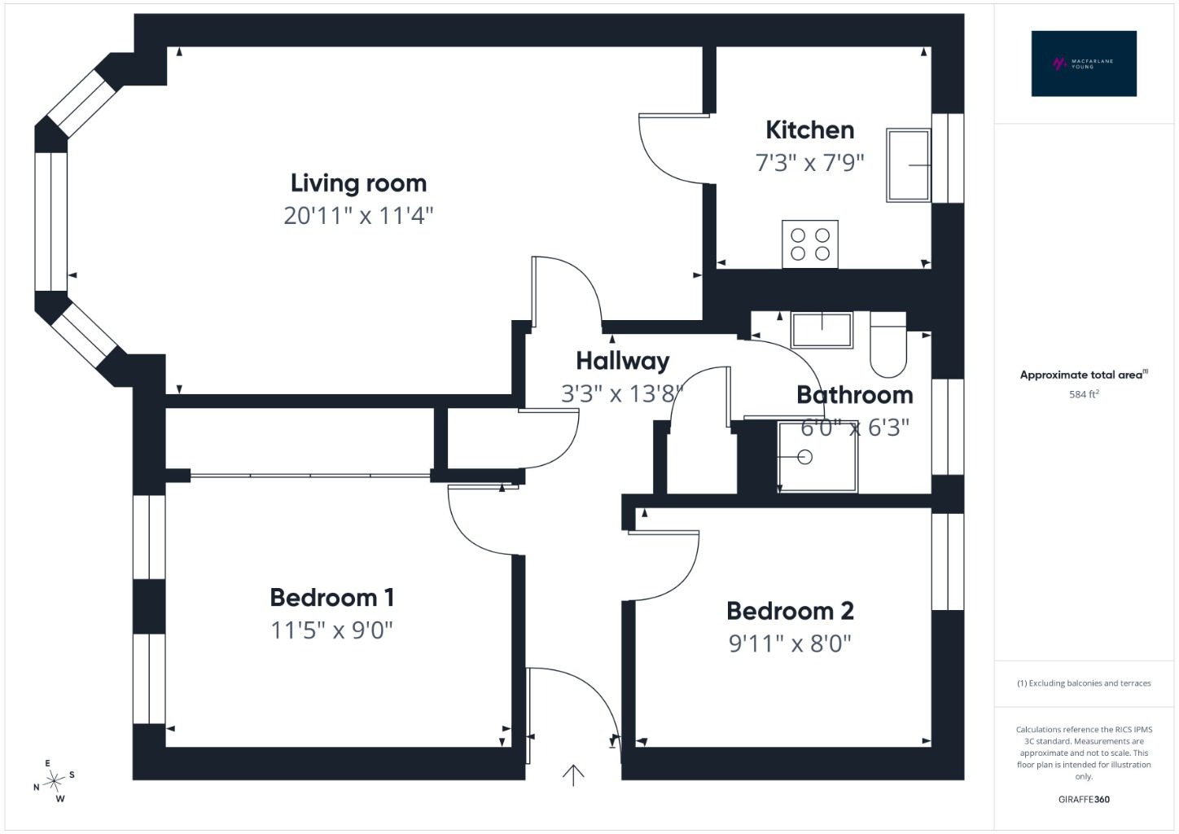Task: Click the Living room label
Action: [x=358, y=183]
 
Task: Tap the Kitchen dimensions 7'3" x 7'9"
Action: [x=809, y=162]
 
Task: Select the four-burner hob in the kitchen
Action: [x=809, y=244]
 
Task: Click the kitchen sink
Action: [x=908, y=165]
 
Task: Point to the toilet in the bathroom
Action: [x=888, y=345]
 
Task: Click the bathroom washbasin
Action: [x=822, y=330]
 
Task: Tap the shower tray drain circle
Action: [x=804, y=456]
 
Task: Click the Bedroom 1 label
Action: [x=331, y=598]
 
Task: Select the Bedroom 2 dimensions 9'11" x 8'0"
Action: [x=790, y=643]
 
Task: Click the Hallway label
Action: [x=623, y=361]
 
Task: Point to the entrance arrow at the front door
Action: [x=573, y=775]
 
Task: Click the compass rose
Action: [x=54, y=781]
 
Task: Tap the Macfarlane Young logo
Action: [x=1084, y=64]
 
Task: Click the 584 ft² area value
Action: [x=1084, y=394]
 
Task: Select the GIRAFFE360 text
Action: [x=1084, y=799]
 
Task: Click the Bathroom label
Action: [x=855, y=395]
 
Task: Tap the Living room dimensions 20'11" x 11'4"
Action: [x=358, y=216]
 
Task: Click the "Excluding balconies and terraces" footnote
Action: [x=1084, y=683]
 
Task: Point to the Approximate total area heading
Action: [x=1084, y=375]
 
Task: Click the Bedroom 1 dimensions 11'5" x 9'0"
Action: [x=331, y=630]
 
